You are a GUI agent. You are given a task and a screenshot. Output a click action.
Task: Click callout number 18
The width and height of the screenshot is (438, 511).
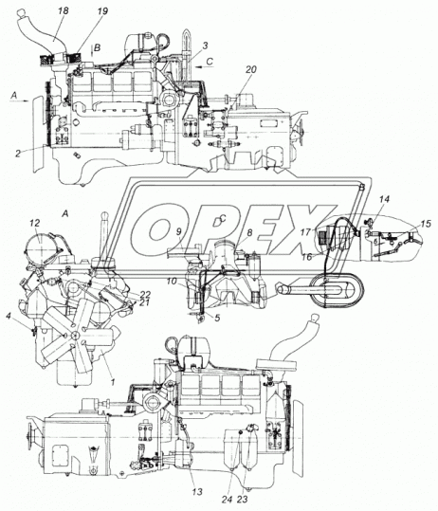pyautogui.click(x=64, y=10)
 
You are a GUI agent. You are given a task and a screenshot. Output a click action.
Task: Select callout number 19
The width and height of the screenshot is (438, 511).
pyautogui.click(x=102, y=11)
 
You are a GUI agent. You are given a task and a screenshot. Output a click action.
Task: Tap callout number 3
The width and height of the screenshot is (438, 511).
pyautogui.click(x=205, y=46)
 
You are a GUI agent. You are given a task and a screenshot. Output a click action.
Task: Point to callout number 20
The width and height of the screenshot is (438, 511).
pyautogui.click(x=251, y=69)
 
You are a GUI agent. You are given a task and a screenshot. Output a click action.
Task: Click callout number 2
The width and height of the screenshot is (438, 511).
pyautogui.click(x=18, y=154)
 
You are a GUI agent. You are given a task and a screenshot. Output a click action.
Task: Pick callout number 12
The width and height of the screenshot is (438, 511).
pyautogui.click(x=34, y=223)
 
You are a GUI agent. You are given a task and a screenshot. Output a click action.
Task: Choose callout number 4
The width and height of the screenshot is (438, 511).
pyautogui.click(x=9, y=316)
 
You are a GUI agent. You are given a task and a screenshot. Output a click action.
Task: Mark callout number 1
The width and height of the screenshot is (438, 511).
pyautogui.click(x=112, y=382)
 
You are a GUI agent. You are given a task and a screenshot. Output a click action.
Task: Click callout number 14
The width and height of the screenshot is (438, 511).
pyautogui.click(x=384, y=198)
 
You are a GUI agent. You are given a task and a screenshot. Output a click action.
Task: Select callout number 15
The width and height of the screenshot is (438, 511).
pyautogui.click(x=426, y=224)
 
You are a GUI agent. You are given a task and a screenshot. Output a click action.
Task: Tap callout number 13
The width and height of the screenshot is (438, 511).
pyautogui.click(x=197, y=492)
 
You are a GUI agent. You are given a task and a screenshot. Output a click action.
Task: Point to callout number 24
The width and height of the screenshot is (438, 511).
pyautogui.click(x=228, y=499)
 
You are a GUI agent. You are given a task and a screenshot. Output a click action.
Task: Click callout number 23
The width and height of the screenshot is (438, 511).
pyautogui.click(x=242, y=499)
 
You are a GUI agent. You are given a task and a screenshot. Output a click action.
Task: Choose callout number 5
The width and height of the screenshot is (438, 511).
pyautogui.click(x=217, y=317)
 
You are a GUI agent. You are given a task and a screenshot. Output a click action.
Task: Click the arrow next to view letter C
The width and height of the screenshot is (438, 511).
pyautogui.click(x=205, y=67)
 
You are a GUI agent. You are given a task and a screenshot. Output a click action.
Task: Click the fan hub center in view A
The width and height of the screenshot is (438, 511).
pyautogui.click(x=75, y=335)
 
